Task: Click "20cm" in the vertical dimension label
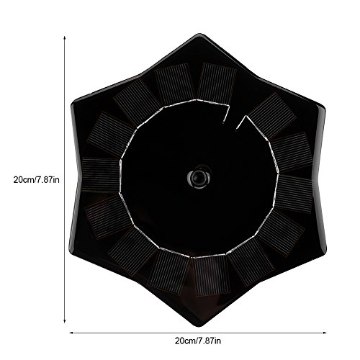click(24, 180)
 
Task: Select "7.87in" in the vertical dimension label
click(48, 180)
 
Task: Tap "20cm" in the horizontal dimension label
click(185, 341)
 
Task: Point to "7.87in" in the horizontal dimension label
click(209, 341)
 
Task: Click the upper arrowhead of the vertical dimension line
click(64, 37)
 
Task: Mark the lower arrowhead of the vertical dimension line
click(64, 321)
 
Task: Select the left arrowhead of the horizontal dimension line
click(71, 333)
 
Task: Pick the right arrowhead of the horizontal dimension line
click(325, 333)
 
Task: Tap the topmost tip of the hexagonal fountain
click(199, 34)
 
